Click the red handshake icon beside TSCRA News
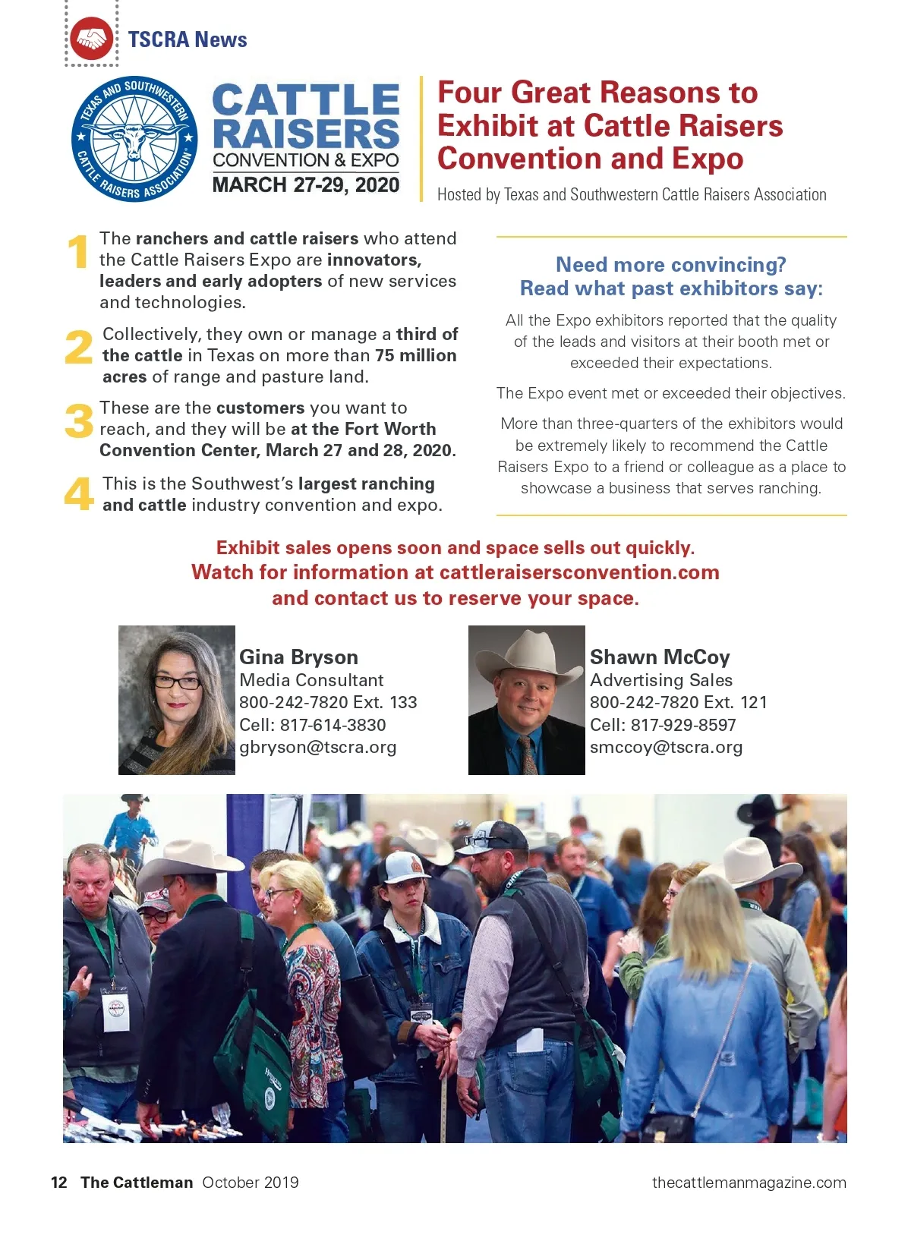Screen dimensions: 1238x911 tap(92, 39)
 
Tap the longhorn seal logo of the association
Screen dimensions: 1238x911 tap(134, 140)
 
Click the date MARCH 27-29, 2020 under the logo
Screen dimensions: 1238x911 tap(305, 185)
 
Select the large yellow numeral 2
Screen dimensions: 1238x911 tap(78, 347)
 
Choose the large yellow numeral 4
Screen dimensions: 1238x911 tap(79, 494)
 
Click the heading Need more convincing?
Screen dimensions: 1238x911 tap(670, 264)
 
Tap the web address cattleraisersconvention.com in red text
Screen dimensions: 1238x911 tap(578, 572)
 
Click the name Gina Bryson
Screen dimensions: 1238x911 tap(298, 657)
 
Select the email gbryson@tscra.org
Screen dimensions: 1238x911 tap(317, 747)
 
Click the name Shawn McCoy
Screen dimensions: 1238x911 tap(659, 657)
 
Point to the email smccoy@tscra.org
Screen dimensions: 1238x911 tap(666, 747)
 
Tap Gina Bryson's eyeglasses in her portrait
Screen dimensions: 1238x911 tap(177, 681)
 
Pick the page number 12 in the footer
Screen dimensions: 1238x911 tap(58, 1182)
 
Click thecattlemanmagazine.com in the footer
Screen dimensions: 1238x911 tap(749, 1182)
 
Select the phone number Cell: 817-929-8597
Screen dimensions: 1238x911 tap(663, 725)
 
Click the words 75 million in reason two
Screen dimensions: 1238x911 tap(416, 355)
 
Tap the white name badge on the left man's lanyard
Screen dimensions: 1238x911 tap(115, 1013)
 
